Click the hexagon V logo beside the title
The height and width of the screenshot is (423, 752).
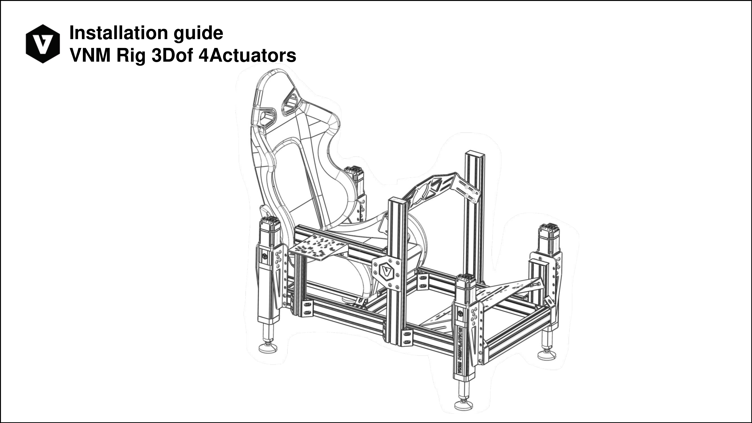pyautogui.click(x=43, y=44)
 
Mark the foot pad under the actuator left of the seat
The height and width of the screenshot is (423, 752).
pyautogui.click(x=268, y=348)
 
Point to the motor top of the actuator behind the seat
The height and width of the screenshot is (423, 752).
pyautogui.click(x=353, y=169)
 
